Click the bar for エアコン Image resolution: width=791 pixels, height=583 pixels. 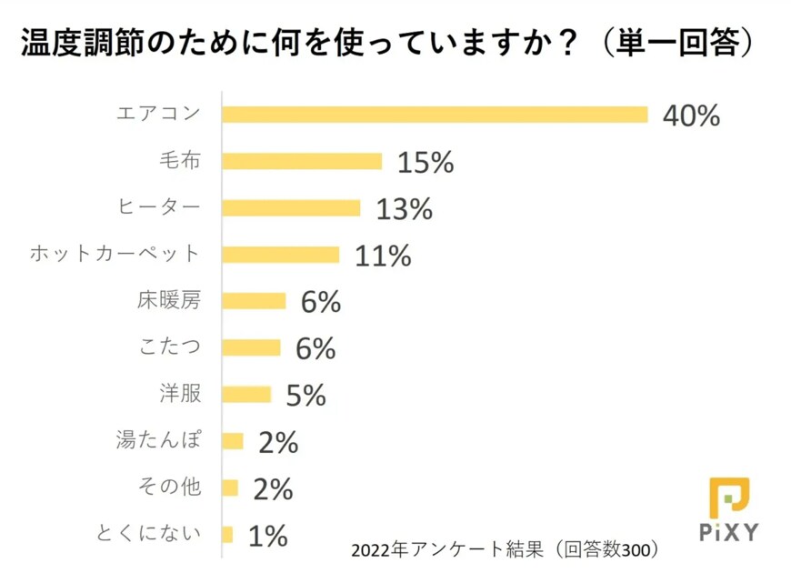click(435, 115)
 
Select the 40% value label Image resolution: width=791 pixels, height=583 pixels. click(691, 116)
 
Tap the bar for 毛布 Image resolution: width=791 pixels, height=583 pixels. click(302, 161)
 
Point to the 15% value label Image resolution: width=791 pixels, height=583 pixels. click(425, 162)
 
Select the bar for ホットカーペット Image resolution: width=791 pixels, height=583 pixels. click(281, 255)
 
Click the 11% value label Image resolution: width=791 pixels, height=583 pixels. click(383, 256)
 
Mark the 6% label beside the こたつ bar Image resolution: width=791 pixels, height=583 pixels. click(315, 348)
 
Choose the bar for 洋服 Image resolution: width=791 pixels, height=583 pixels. click(247, 395)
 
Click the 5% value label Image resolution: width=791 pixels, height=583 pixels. click(305, 395)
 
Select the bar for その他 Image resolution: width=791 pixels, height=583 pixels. click(230, 488)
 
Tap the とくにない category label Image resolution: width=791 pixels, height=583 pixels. click(147, 534)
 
